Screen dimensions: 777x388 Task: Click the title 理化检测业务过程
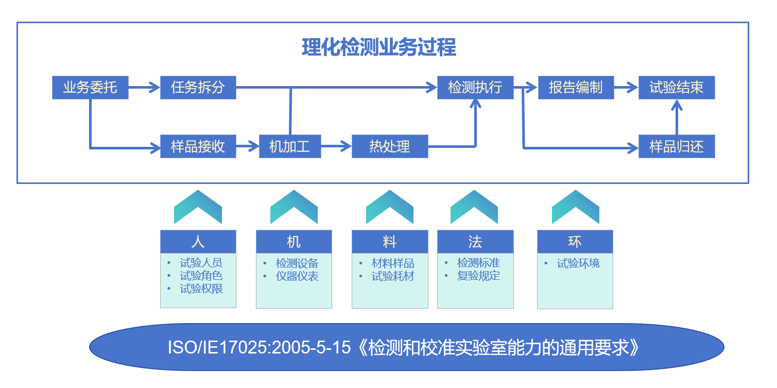tap(379, 47)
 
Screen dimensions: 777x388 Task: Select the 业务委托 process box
tap(90, 88)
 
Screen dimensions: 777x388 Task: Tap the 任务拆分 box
tap(198, 88)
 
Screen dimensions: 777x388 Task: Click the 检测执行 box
tap(475, 88)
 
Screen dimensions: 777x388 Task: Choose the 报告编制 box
tap(576, 88)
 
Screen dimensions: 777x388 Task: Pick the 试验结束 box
tap(677, 88)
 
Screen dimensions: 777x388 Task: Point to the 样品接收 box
tap(198, 146)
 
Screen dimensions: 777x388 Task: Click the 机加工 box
tap(290, 146)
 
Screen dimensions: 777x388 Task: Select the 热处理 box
tap(390, 146)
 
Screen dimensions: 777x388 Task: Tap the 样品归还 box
tap(677, 146)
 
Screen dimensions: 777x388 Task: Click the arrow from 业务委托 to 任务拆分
tap(144, 87)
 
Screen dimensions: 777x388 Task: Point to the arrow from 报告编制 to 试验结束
tap(627, 87)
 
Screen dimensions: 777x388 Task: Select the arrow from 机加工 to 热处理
tap(336, 146)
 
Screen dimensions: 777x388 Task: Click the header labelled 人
tap(198, 242)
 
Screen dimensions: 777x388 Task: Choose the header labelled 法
tap(475, 242)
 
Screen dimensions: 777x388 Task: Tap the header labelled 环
tap(575, 242)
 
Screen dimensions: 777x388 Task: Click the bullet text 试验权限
tap(201, 289)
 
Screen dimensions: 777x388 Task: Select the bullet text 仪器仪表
tap(297, 276)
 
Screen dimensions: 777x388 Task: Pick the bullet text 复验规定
tap(479, 276)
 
